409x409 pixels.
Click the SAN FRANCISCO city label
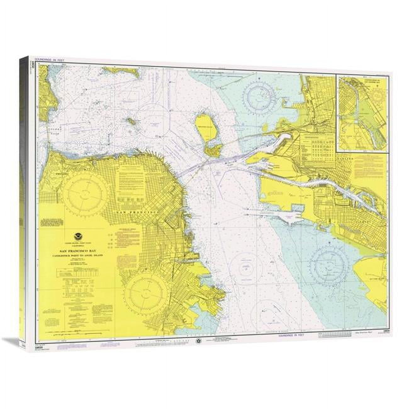click(x=138, y=213)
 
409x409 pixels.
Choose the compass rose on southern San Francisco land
click(x=145, y=286)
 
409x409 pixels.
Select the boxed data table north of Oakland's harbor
click(x=318, y=146)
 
